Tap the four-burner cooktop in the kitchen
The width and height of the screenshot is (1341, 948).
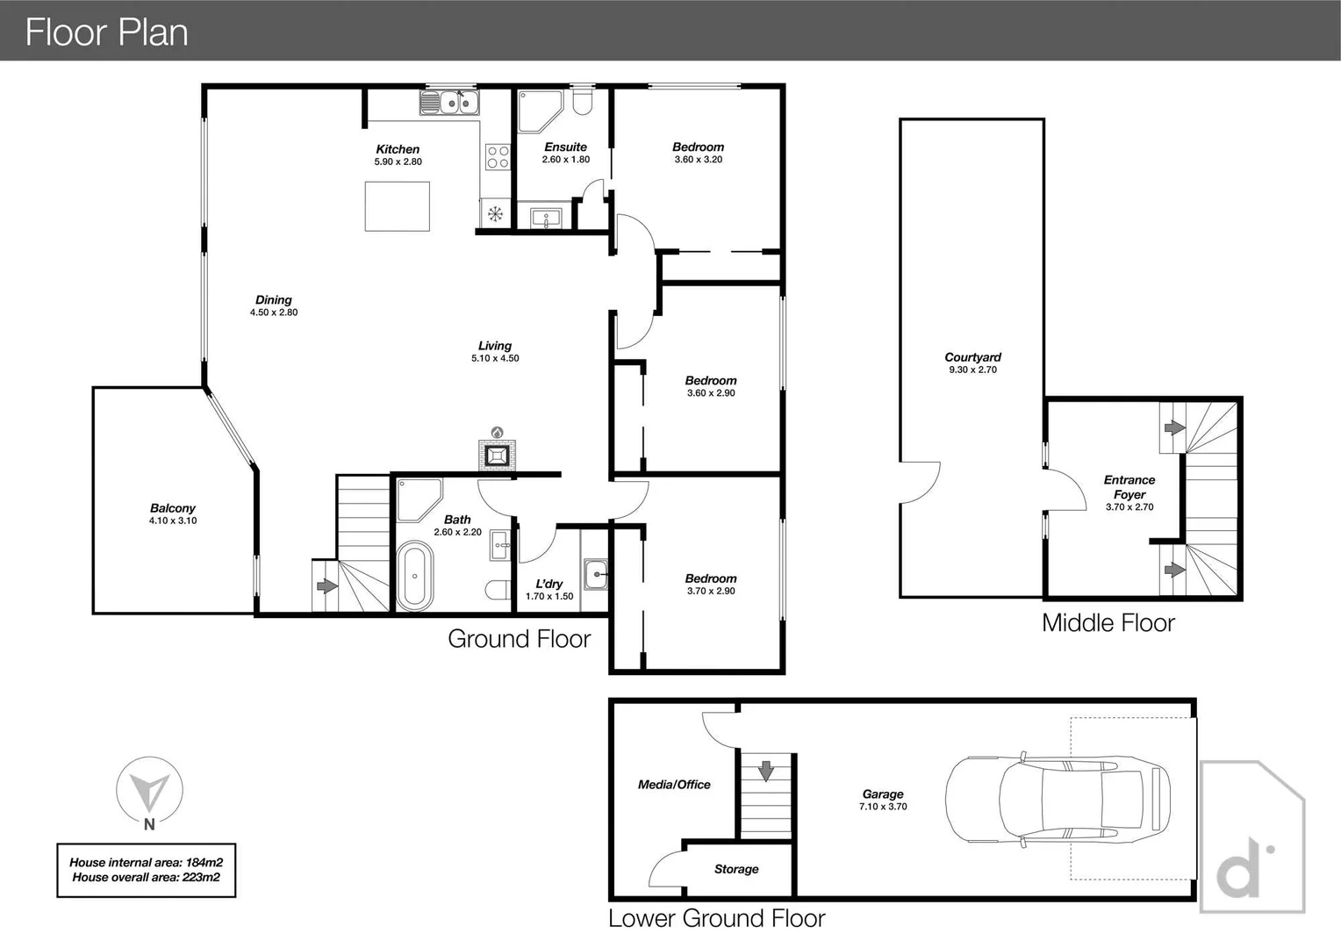[x=498, y=157]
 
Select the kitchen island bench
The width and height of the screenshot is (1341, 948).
[x=398, y=206]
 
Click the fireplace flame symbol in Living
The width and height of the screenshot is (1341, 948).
[x=497, y=432]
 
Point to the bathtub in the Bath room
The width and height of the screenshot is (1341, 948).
[x=414, y=576]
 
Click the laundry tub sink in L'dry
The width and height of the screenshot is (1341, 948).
[x=597, y=574]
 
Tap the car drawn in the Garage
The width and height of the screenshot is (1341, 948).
[x=1058, y=800]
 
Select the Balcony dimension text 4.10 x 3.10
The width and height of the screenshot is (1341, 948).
[x=173, y=521]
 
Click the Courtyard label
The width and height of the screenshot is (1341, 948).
[x=972, y=357]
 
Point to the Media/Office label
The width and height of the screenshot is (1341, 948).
[x=674, y=785]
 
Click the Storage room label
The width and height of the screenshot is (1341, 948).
[x=736, y=869]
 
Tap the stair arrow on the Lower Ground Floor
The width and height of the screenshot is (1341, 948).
[x=766, y=771]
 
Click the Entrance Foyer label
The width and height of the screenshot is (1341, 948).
[x=1129, y=487]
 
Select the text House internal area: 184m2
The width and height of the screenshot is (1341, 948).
[x=147, y=862]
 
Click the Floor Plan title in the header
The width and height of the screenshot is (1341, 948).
[x=107, y=32]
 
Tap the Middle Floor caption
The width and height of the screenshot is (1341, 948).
[x=1108, y=623]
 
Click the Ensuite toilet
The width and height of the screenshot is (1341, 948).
[x=582, y=102]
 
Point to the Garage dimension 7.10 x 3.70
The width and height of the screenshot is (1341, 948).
[x=883, y=806]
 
